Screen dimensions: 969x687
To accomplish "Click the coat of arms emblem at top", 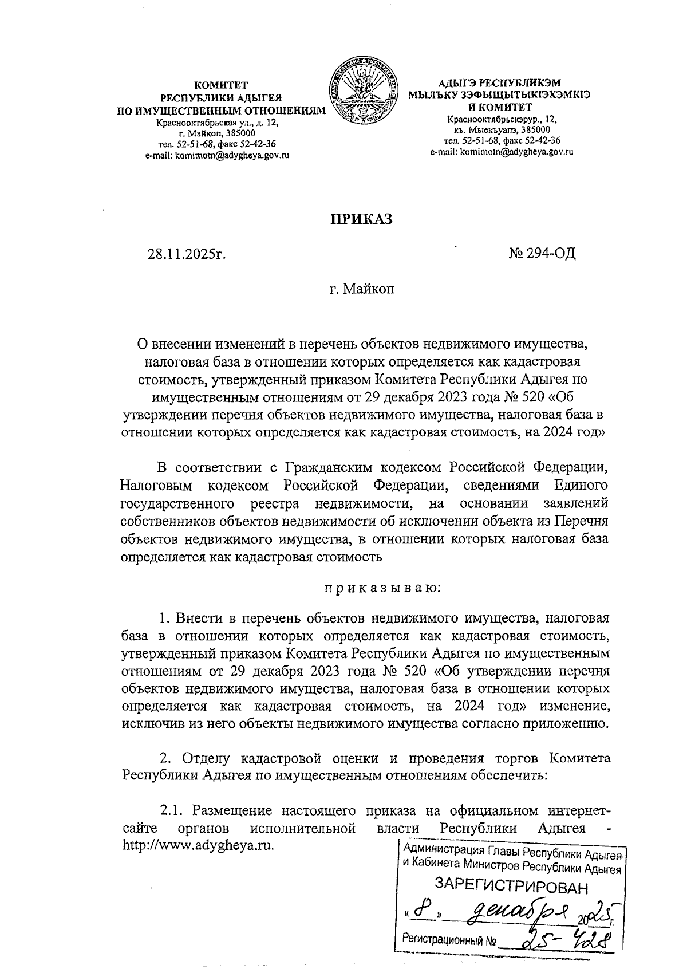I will coord(364,92).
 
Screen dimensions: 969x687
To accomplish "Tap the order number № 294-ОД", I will coord(542,253).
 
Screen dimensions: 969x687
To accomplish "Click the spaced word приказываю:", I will coord(382,588).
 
